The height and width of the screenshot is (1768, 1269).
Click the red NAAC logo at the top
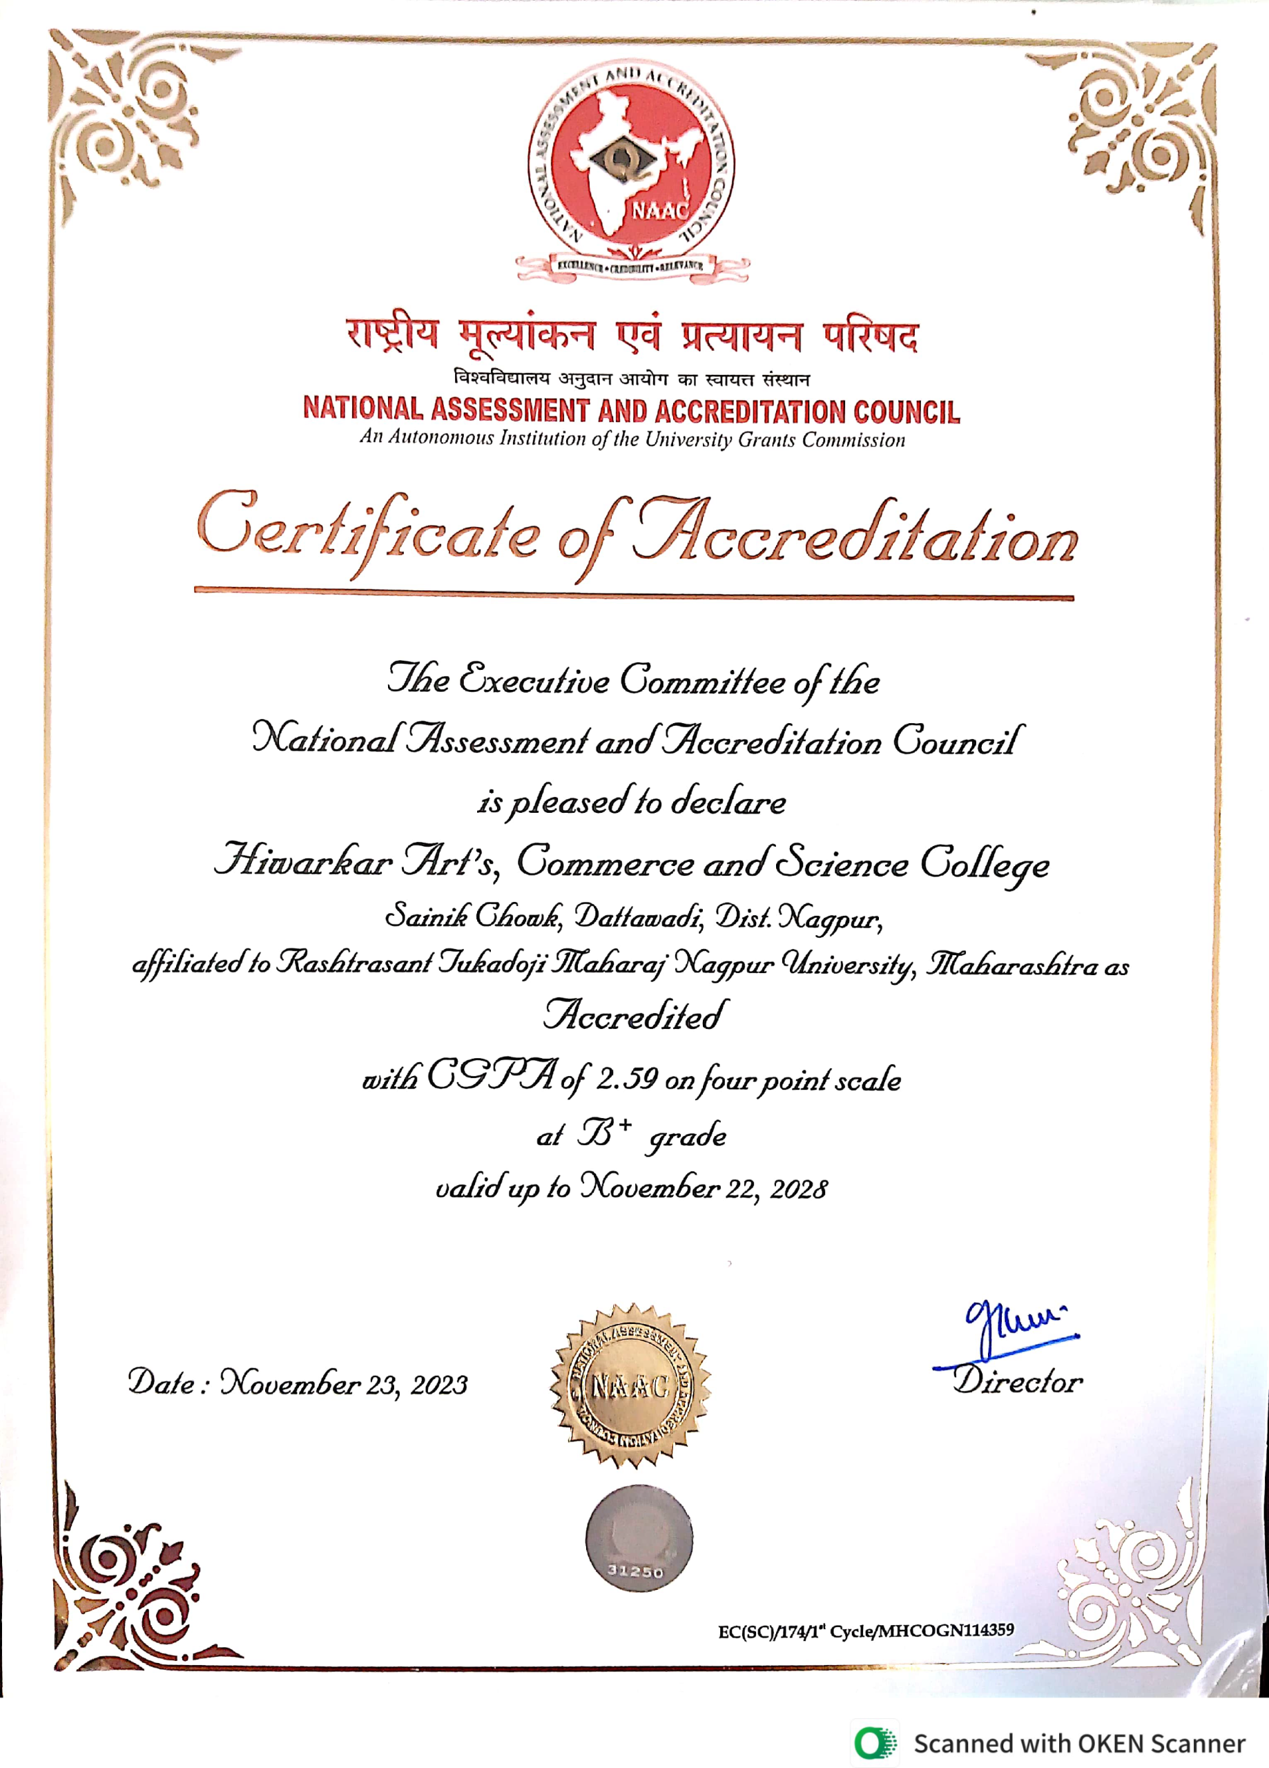[631, 168]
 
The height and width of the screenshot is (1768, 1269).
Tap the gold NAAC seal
[630, 1385]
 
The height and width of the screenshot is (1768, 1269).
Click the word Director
[1017, 1381]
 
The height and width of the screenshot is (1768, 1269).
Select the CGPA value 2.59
[628, 1079]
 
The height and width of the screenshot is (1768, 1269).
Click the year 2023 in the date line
[439, 1385]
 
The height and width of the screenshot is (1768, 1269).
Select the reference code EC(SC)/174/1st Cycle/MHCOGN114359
[865, 1630]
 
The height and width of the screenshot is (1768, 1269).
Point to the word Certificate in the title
[367, 530]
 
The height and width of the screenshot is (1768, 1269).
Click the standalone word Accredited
[635, 1015]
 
